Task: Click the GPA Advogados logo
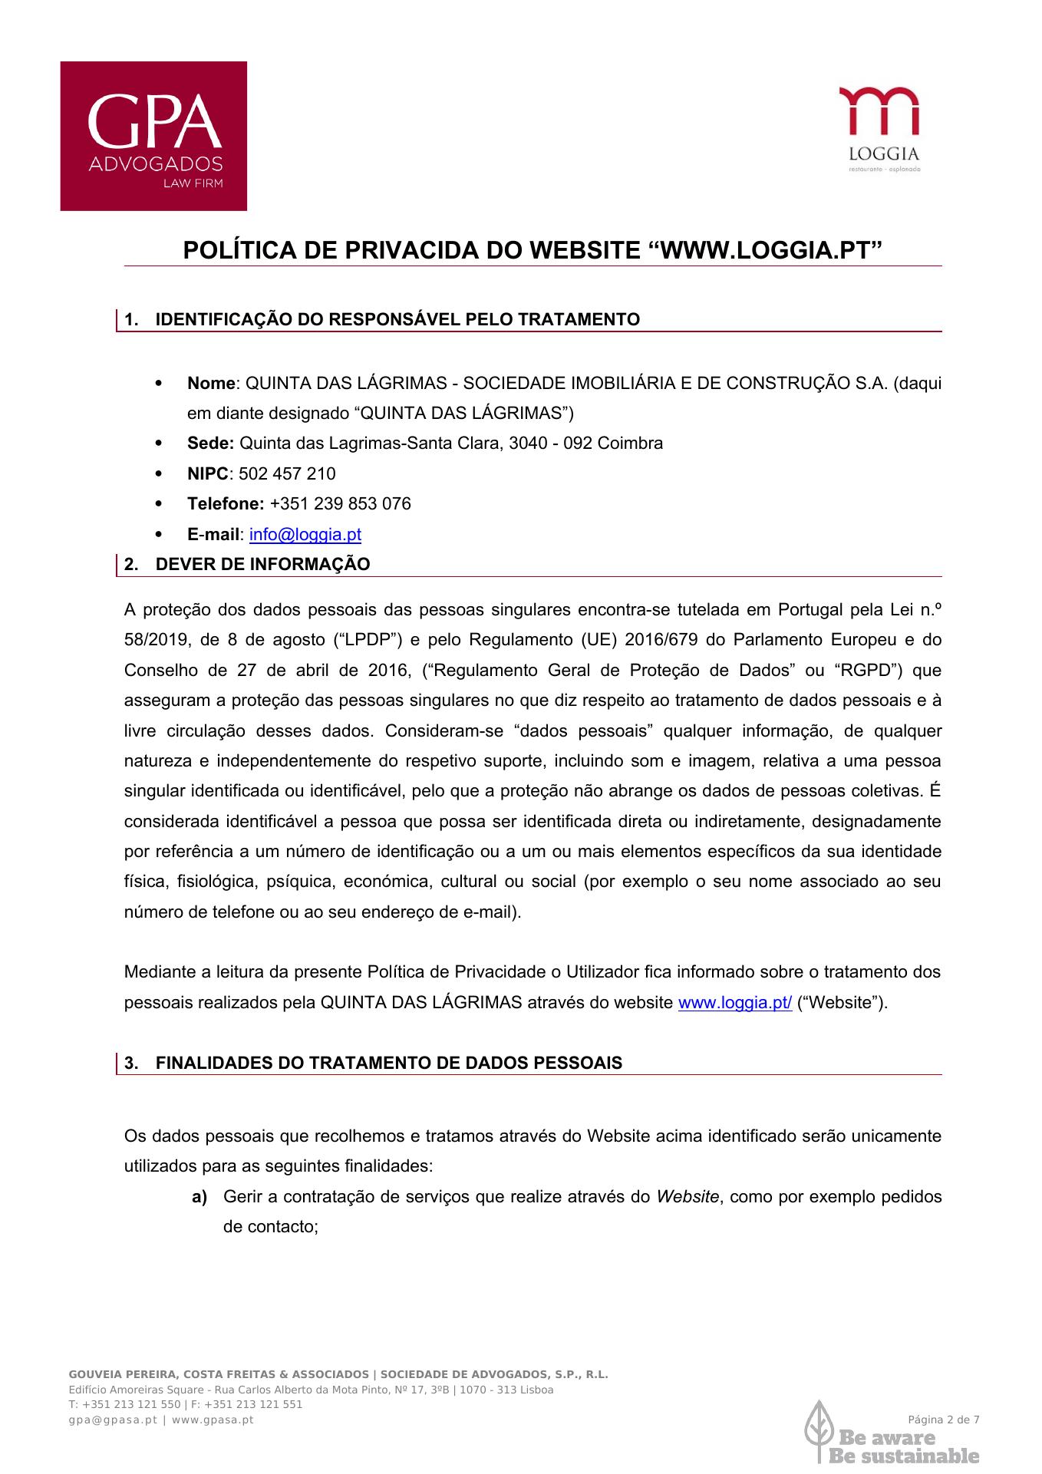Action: pos(153,136)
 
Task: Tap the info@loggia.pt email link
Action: pos(305,534)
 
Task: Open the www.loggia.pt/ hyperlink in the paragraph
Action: pos(734,1002)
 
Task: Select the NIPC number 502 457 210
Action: pos(287,473)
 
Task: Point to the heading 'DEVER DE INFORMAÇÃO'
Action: pos(262,565)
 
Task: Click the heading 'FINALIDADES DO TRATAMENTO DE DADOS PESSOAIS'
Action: pos(388,1063)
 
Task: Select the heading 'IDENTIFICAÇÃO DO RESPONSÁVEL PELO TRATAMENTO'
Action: pos(397,319)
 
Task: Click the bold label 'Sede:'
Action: pos(210,444)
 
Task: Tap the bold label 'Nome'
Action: pos(211,383)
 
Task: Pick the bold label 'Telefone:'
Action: pos(226,504)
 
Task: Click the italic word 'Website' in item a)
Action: pos(688,1196)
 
